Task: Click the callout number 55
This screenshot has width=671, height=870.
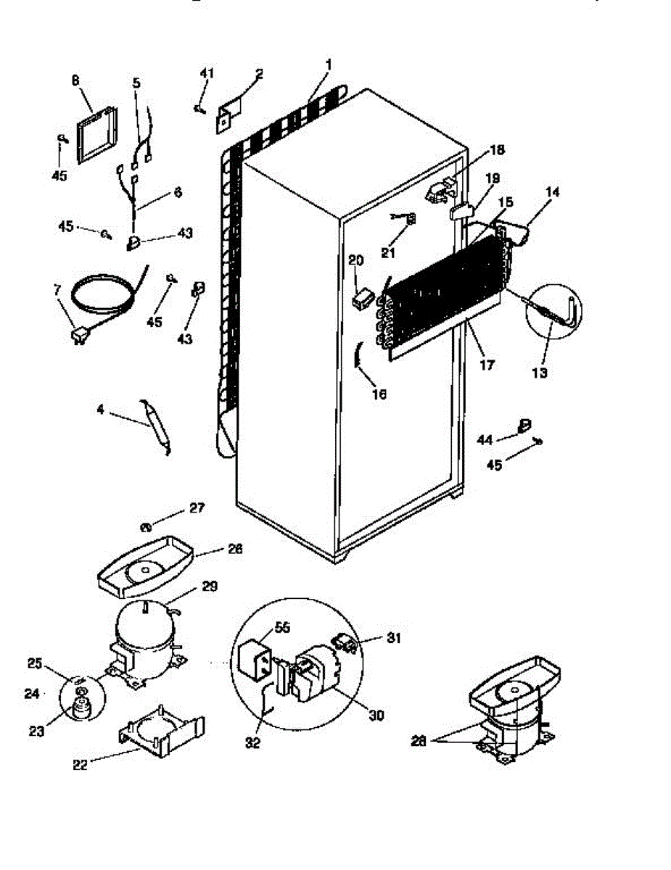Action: pyautogui.click(x=282, y=628)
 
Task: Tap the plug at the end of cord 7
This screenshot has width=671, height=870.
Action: pyautogui.click(x=78, y=335)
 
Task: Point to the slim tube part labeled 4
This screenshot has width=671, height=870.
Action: pyautogui.click(x=157, y=427)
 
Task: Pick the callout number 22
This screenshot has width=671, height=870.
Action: pyautogui.click(x=81, y=764)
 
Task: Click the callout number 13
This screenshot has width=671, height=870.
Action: pyautogui.click(x=539, y=373)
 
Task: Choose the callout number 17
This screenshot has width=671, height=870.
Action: pyautogui.click(x=487, y=365)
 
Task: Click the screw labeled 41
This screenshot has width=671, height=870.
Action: pyautogui.click(x=198, y=109)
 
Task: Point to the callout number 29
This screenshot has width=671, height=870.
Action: pyautogui.click(x=210, y=586)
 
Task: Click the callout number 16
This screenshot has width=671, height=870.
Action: pyautogui.click(x=379, y=394)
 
